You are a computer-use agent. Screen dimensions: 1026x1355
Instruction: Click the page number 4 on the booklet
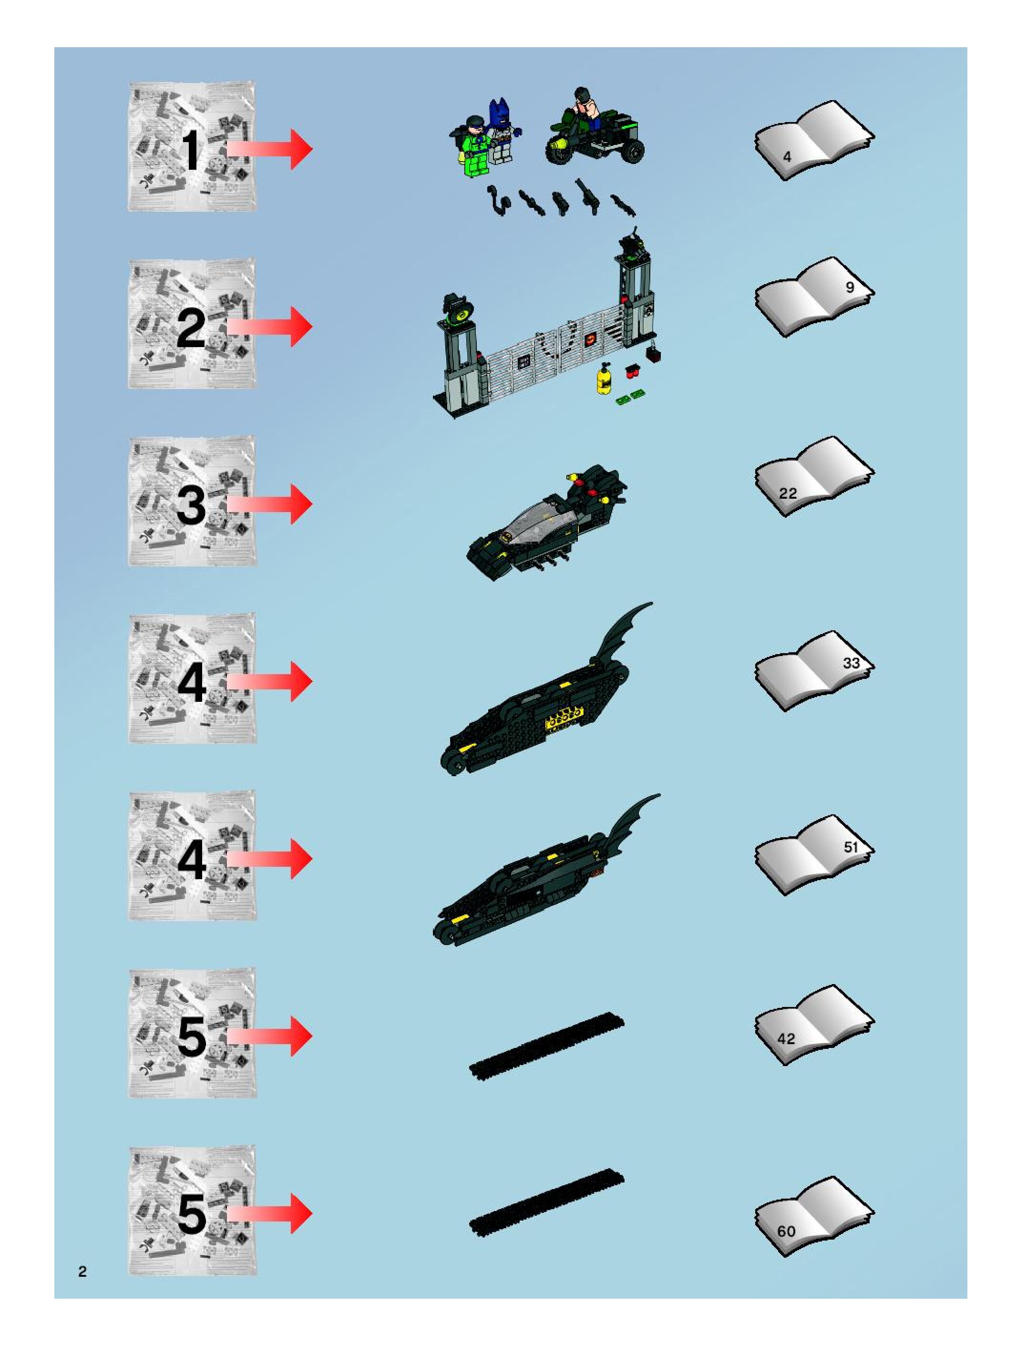[x=787, y=157]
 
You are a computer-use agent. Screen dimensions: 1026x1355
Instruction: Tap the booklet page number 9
[x=849, y=287]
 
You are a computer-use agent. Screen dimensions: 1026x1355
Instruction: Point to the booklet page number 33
[x=851, y=663]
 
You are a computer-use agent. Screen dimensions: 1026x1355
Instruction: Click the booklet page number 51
[x=851, y=847]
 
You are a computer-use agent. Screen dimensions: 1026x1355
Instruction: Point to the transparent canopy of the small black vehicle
[x=539, y=516]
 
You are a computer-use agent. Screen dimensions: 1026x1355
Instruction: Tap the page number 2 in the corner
[x=82, y=1271]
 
